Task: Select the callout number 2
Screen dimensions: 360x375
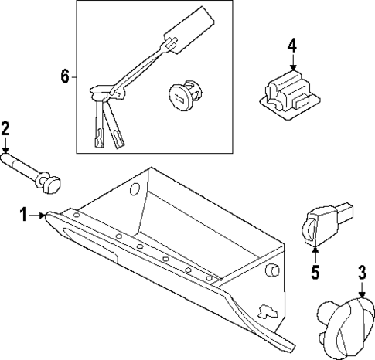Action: click(x=5, y=128)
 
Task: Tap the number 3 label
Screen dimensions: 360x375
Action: click(x=361, y=271)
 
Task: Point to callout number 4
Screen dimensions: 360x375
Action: click(x=291, y=45)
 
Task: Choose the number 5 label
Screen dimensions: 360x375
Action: click(x=315, y=271)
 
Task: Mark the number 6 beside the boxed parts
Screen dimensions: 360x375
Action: click(x=65, y=76)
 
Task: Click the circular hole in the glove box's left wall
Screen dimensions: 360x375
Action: click(x=135, y=189)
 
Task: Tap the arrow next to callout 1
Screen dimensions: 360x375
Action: click(x=38, y=217)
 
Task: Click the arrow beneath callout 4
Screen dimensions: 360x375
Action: click(x=291, y=63)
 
